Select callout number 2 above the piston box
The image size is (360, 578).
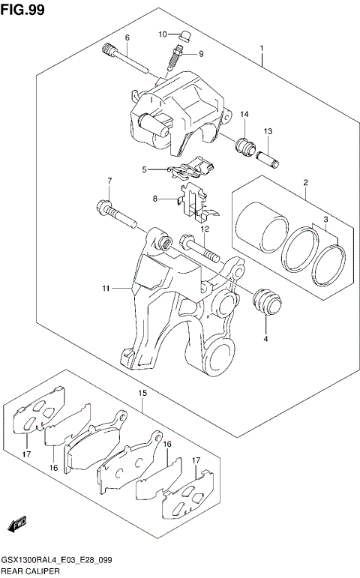click(306, 183)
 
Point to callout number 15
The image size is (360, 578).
click(142, 392)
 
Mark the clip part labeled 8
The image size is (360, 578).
click(194, 198)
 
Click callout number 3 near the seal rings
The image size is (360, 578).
click(325, 220)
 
